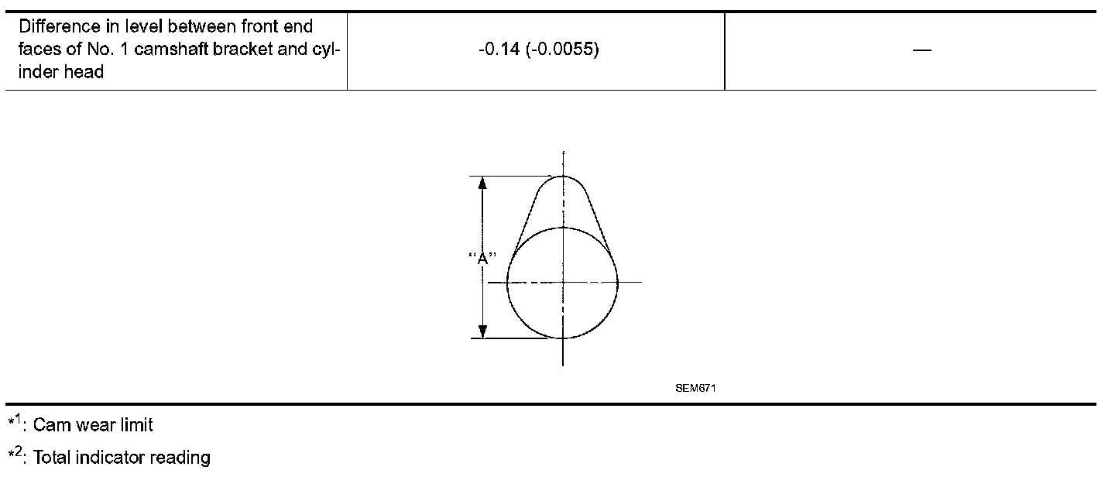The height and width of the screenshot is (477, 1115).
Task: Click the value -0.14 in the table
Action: [x=499, y=49]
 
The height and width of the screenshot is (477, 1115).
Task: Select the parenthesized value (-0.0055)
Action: [x=562, y=49]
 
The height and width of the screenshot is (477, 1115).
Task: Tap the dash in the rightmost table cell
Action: [x=922, y=50]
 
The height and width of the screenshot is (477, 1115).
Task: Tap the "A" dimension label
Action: [x=482, y=258]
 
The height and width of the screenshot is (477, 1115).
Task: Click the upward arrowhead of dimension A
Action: [x=482, y=184]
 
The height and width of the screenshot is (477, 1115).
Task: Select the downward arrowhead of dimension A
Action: [x=482, y=331]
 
